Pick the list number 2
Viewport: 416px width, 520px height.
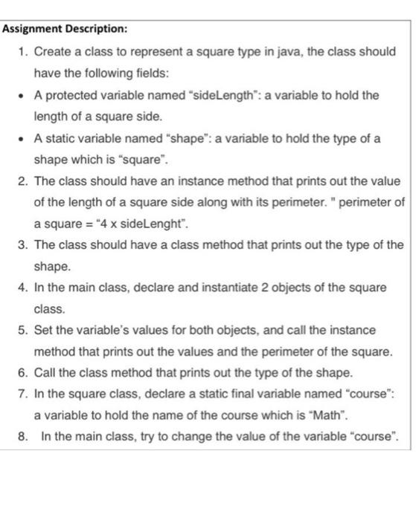pos(22,182)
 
